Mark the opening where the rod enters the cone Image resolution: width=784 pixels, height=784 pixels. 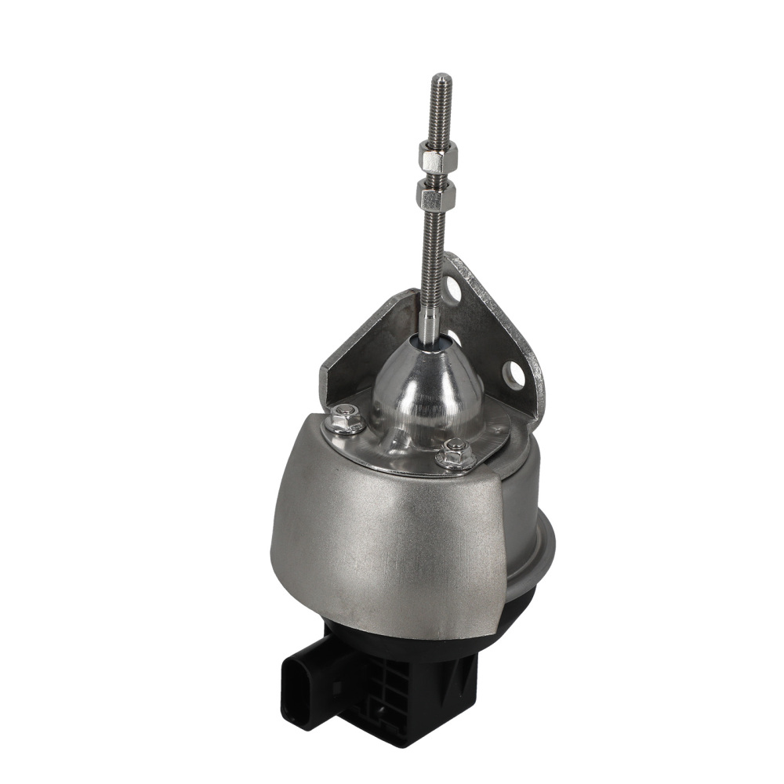point(430,342)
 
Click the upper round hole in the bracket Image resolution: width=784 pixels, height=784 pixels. point(452,290)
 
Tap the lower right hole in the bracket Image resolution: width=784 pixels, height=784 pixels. point(515,375)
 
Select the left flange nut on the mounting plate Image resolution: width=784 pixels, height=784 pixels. point(345,418)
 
